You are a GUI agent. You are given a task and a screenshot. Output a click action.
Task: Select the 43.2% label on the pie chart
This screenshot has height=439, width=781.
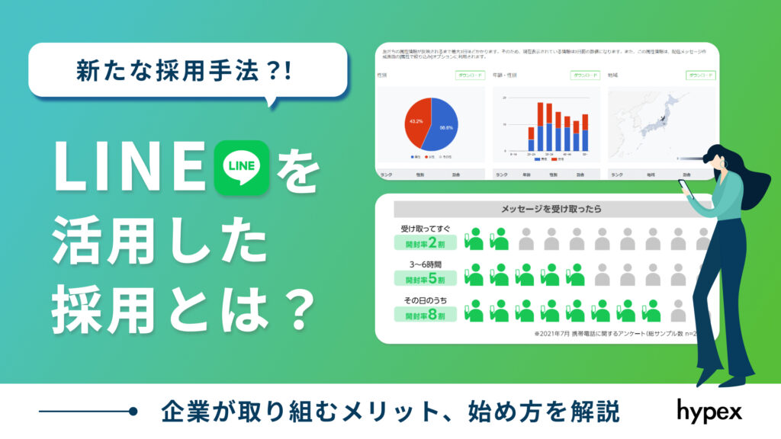pos(416,121)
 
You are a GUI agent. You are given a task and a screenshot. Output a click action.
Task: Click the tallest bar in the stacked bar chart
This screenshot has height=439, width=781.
pos(541,126)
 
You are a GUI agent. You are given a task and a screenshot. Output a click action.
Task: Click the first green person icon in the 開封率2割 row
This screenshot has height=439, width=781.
pos(474,239)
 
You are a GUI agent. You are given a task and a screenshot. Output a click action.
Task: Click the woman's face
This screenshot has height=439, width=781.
pos(716,162)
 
